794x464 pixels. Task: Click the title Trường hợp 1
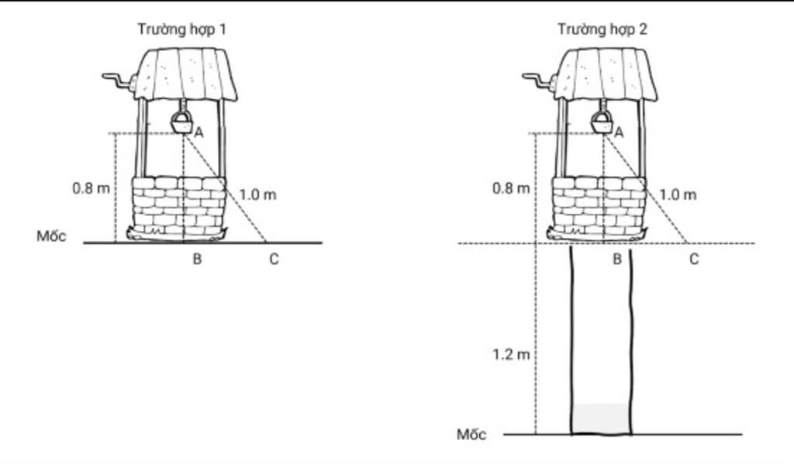(181, 29)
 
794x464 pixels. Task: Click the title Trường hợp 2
(602, 29)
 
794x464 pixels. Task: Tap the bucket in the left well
(181, 122)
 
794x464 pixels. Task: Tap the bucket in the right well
(602, 122)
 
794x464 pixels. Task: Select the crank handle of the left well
(116, 81)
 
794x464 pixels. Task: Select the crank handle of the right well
(537, 81)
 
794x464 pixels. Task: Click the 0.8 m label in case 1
(91, 189)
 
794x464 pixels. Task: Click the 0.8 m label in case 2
(512, 189)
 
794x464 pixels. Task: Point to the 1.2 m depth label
(511, 355)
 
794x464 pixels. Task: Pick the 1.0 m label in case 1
(257, 194)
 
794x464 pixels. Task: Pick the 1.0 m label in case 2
(678, 194)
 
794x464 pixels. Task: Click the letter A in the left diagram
(198, 133)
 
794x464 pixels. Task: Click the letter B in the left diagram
(197, 259)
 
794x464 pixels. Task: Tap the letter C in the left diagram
(274, 259)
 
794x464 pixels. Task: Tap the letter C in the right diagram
(694, 259)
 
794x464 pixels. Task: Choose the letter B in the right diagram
(616, 259)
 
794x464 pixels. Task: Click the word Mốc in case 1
(51, 236)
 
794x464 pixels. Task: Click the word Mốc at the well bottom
(471, 434)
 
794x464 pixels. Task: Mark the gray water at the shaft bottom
(601, 418)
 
